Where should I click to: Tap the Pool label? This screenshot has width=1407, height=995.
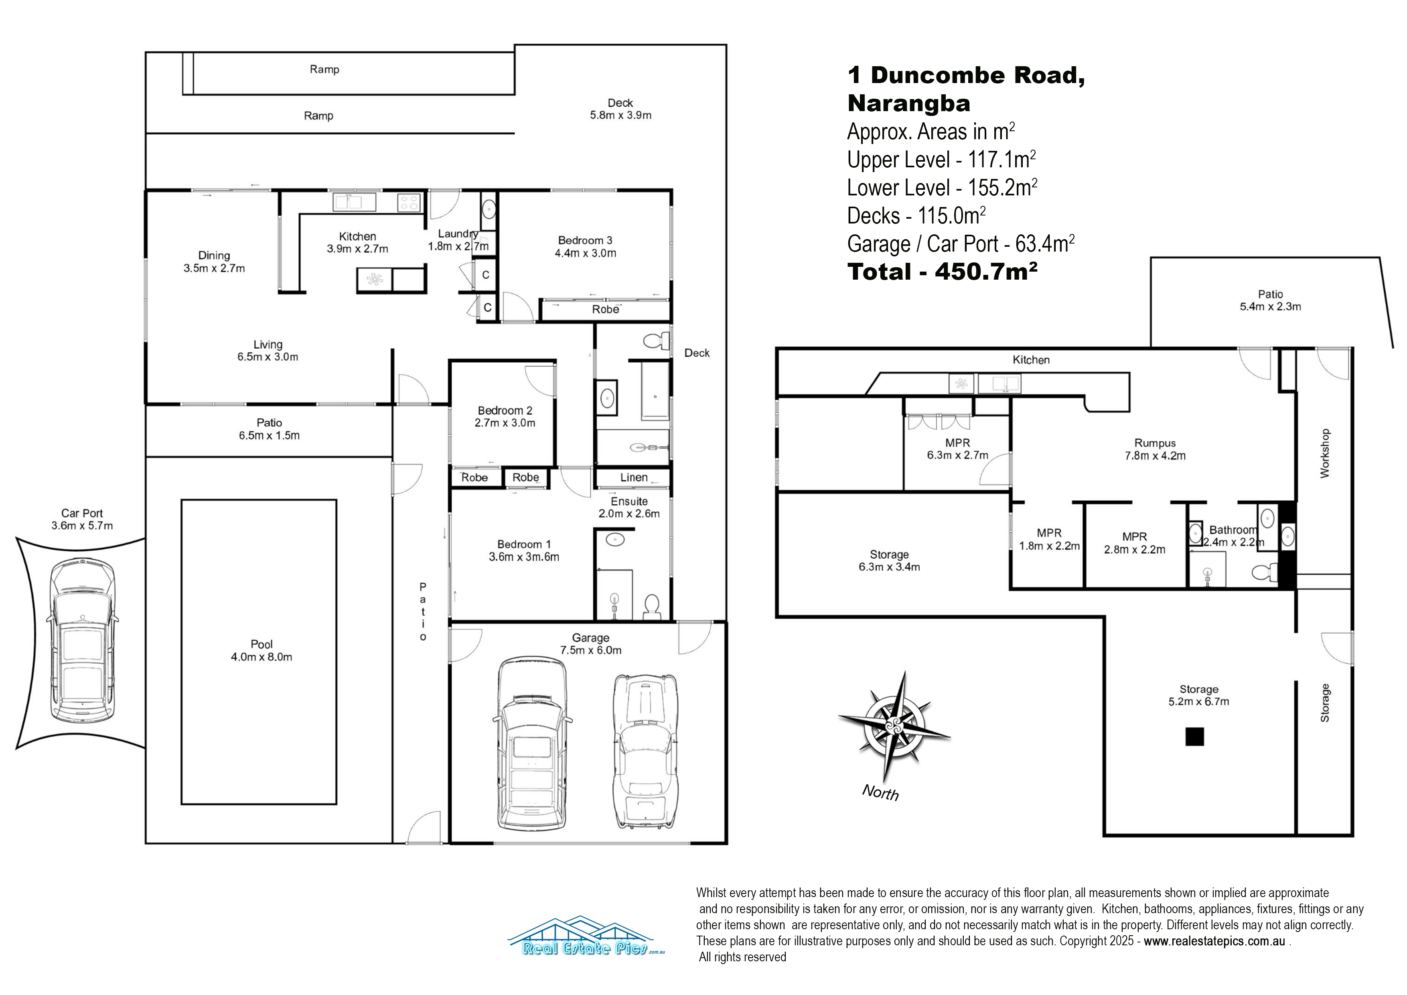click(262, 650)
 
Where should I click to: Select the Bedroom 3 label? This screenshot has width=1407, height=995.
click(585, 246)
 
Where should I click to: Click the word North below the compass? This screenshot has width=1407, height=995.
click(881, 793)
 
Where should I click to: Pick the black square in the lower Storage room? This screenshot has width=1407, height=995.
click(1194, 736)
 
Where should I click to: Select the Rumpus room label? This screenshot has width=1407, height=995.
click(1155, 449)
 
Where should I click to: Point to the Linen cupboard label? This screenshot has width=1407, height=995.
click(634, 477)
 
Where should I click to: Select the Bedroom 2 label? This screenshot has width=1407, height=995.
click(505, 417)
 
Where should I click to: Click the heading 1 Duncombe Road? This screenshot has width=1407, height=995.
click(966, 75)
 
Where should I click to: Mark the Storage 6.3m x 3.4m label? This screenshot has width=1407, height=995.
click(889, 560)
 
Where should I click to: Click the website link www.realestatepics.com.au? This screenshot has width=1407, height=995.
click(1214, 941)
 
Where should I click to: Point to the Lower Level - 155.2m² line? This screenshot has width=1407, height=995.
click(942, 188)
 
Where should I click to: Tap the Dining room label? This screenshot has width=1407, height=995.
click(214, 262)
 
